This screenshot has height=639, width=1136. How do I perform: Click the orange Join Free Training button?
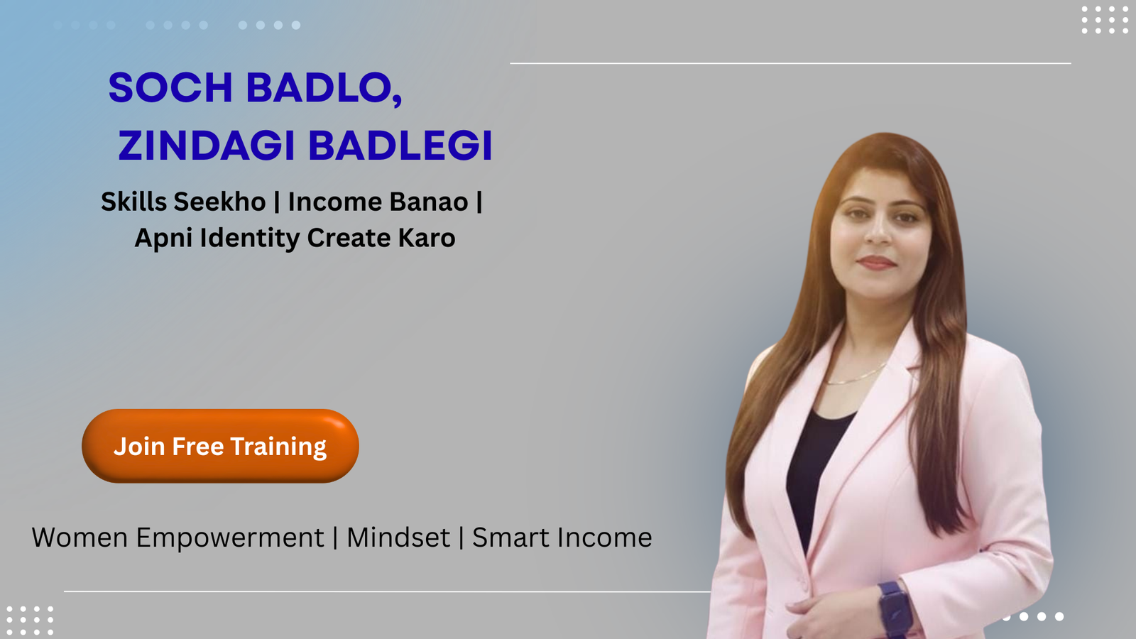tap(220, 446)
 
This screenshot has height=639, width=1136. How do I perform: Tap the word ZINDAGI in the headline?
tap(206, 146)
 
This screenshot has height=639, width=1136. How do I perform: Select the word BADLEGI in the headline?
tap(400, 146)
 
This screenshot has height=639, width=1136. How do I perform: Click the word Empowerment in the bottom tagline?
tap(230, 538)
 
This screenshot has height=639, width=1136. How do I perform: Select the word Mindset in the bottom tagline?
tap(398, 538)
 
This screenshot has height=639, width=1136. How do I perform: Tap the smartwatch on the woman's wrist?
tap(895, 607)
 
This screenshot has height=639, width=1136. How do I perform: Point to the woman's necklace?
tap(856, 376)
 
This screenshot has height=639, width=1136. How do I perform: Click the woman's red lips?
tap(876, 263)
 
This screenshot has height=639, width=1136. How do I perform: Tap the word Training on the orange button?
tap(278, 447)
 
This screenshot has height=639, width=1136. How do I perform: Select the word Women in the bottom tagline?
tap(80, 538)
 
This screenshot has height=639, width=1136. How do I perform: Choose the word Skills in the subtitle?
tap(133, 202)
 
